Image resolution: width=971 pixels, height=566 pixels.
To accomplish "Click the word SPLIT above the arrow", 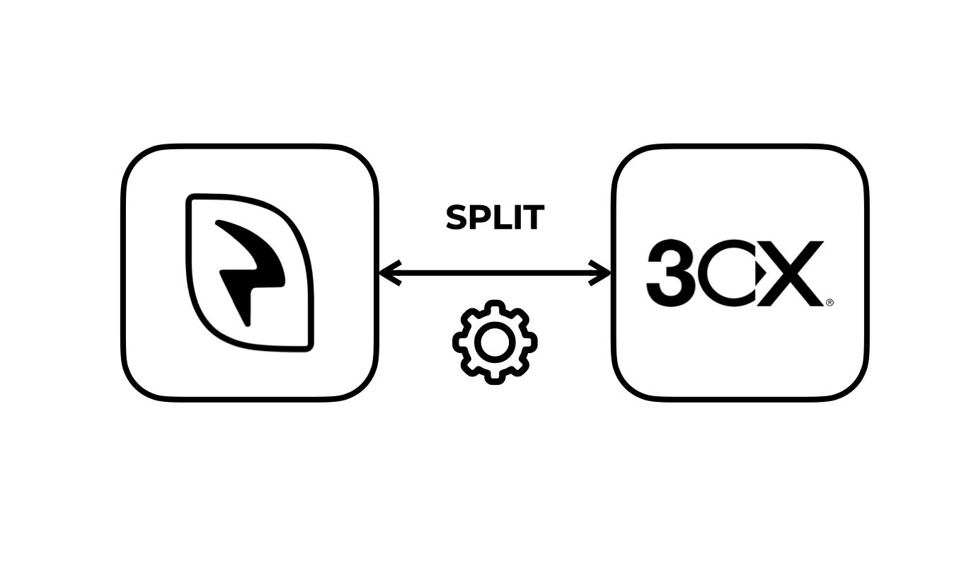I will [495, 218].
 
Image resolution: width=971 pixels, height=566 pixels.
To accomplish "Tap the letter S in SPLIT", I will [457, 218].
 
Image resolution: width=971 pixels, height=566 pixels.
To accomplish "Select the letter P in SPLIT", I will [481, 218].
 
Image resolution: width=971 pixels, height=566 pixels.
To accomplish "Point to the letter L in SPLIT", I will [502, 218].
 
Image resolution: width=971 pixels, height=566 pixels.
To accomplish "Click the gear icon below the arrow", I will [495, 342].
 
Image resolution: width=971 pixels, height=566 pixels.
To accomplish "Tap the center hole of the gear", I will [495, 342].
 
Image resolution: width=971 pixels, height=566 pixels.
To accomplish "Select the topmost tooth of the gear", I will [495, 307].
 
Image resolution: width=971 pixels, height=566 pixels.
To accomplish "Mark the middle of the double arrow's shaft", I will [495, 272].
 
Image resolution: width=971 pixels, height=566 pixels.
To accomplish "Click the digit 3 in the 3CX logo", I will [669, 274].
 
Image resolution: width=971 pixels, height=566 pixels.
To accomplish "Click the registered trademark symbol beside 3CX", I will [829, 302].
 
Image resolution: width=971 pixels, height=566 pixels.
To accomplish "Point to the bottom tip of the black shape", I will [246, 324].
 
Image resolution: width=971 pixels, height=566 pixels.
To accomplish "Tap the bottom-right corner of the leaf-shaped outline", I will [308, 346].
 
